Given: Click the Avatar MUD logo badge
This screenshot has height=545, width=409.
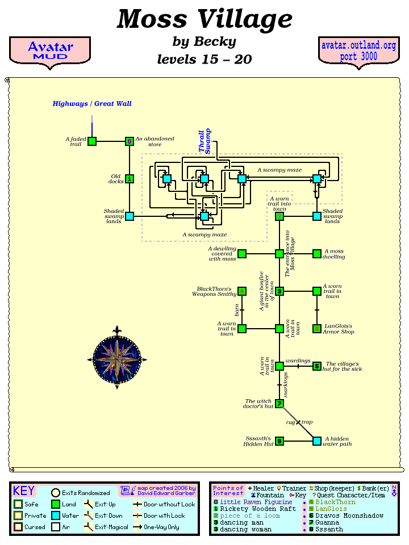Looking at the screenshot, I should pos(50,51).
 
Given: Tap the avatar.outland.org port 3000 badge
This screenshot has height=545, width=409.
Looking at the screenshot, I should pos(358,51).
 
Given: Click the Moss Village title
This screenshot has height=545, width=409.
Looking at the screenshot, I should pos(204,20).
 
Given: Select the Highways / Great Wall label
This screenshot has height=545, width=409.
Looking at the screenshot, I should pos(92,104).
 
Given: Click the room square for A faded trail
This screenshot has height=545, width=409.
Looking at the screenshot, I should pos(92,141).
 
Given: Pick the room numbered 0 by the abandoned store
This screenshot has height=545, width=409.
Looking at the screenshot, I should pos(130,141).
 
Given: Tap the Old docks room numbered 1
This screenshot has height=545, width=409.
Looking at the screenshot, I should pos(130,179).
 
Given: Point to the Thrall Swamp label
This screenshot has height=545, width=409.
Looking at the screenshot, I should pos(204,142).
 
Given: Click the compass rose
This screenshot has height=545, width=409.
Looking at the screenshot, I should pos(117,358).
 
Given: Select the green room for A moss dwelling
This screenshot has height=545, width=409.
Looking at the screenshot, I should pos(317,254).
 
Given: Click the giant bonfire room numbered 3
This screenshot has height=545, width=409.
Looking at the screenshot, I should pos(279,291).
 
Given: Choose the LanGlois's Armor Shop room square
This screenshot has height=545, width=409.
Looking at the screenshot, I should pos(317,329).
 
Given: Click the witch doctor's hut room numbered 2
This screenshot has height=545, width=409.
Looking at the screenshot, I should pos(279,404).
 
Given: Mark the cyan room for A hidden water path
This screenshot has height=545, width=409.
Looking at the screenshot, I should pos(317,441).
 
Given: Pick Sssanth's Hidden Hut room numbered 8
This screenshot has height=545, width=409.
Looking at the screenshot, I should pos(279,441).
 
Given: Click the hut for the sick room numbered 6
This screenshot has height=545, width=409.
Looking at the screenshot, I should pos(317,366).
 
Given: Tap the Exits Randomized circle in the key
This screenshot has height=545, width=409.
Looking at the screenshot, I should pos(56,493).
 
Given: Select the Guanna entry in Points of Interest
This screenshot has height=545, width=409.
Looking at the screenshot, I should pos(328,522).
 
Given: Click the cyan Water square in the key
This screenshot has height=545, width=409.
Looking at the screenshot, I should pos(56,515).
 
